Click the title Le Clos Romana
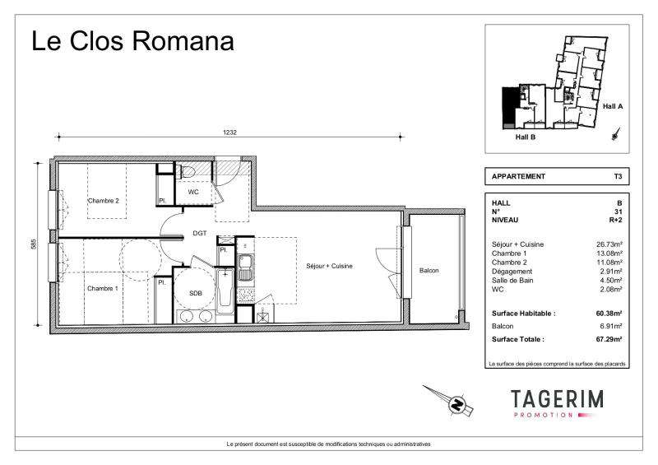coord(132,41)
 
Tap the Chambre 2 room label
coord(104,201)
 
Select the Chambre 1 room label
coord(102,288)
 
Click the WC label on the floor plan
coord(193,192)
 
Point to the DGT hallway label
coord(200,233)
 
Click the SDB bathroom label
coord(196,293)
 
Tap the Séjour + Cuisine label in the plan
coord(329,266)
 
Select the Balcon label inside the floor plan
coord(429,271)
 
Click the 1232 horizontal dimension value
coord(229,133)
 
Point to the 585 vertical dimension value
coord(34,244)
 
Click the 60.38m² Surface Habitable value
coord(609,314)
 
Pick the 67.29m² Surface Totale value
coord(609,339)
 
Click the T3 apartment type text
coord(618,176)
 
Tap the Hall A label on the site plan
coord(613,106)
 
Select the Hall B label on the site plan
coord(526,137)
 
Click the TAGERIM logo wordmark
coord(558,398)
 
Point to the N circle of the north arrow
coord(457,404)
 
